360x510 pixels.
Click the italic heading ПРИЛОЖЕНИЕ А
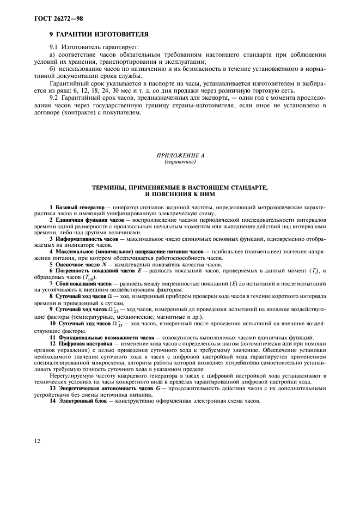point(180,156)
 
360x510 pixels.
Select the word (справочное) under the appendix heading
point(180,162)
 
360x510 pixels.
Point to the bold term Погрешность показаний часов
point(93,270)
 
